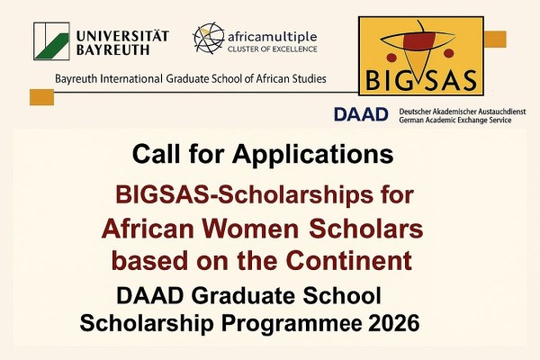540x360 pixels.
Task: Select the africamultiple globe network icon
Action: pos(209,38)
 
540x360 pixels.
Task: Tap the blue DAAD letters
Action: pos(363,114)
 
